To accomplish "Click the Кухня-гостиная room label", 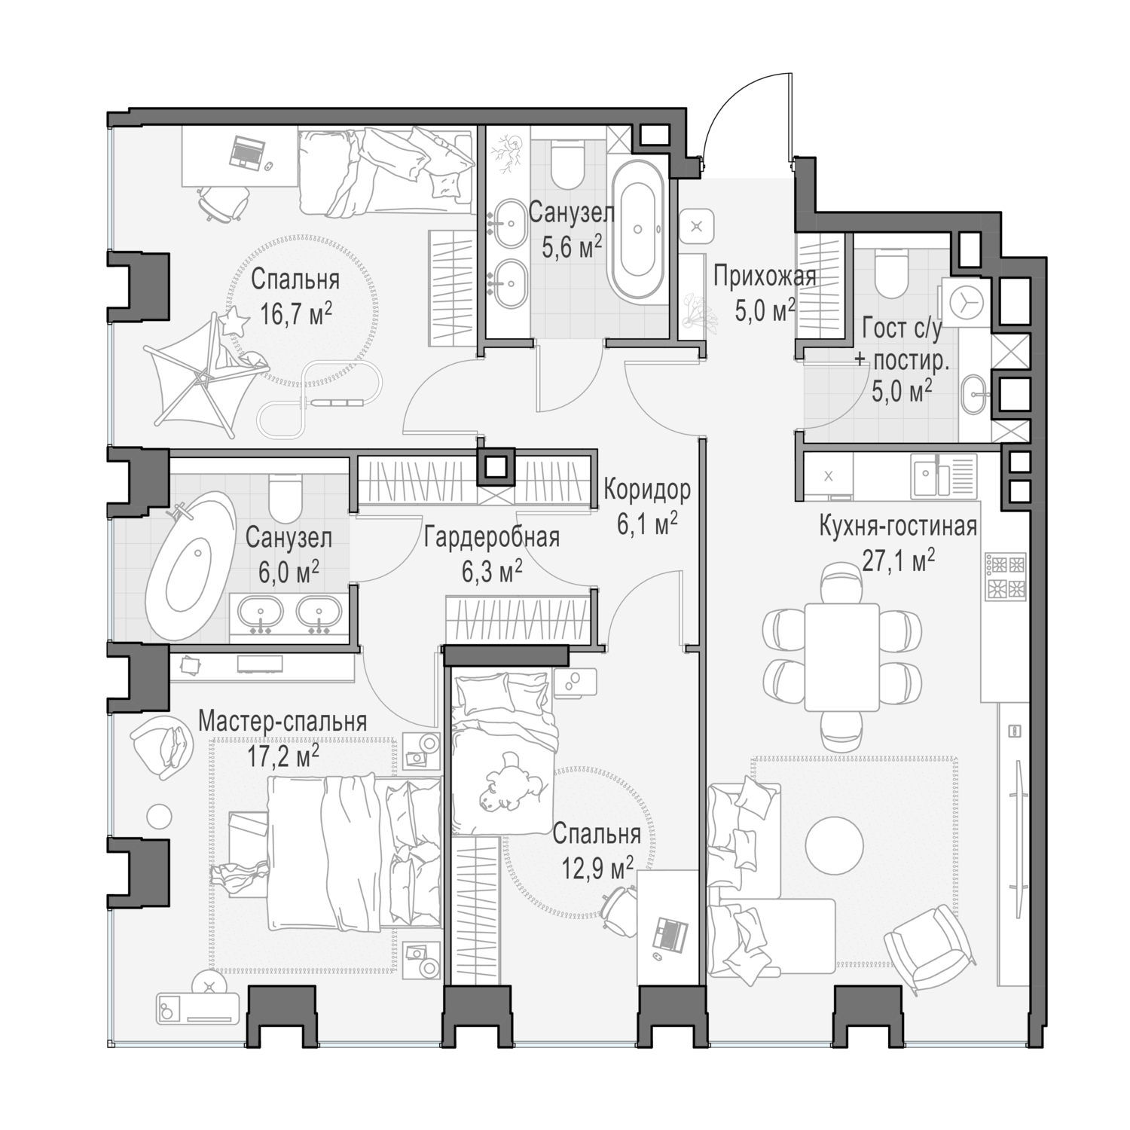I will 898,525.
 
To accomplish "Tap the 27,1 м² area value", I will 898,560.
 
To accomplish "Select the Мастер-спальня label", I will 282,721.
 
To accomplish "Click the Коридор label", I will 647,490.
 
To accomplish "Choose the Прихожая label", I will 765,276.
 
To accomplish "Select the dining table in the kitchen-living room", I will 841,656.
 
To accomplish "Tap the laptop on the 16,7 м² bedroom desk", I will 247,153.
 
